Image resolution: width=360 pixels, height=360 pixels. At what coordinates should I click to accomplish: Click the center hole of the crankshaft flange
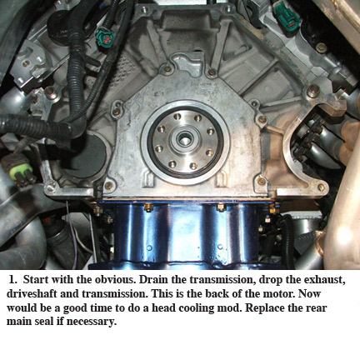click(x=184, y=138)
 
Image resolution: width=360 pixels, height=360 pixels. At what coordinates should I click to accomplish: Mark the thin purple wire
click(x=72, y=236)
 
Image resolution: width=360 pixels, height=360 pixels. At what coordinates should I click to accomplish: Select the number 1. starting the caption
click(x=13, y=280)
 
